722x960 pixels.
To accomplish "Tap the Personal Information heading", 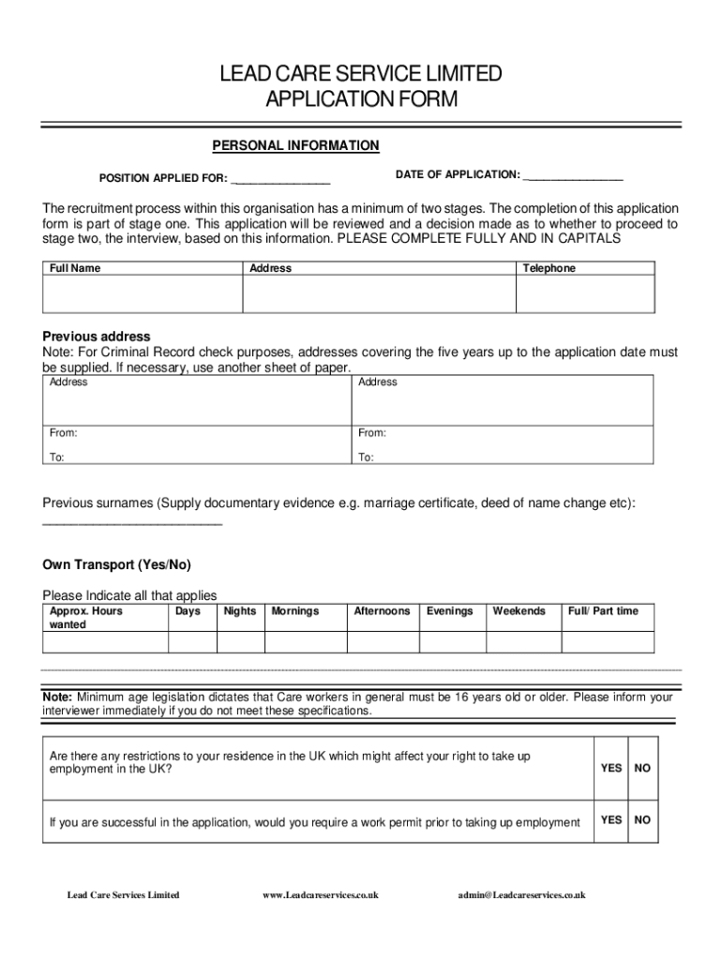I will coord(295,145).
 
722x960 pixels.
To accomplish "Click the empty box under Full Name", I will coord(143,293).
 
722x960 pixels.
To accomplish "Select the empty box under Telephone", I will coord(585,293).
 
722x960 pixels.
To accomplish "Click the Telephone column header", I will coord(549,268).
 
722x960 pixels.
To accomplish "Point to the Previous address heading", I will coord(97,337).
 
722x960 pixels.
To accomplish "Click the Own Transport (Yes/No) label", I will coord(116,565).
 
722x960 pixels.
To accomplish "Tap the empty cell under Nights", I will coord(240,642).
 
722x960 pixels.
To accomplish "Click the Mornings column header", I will coord(295,611).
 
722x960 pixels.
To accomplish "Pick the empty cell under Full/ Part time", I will coord(607,642).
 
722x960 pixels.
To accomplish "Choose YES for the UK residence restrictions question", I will coord(611,768).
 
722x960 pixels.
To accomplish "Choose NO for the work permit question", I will coord(642,819).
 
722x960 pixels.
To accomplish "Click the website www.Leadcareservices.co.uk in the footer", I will coord(321,895).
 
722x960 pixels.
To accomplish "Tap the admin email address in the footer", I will coord(521,895).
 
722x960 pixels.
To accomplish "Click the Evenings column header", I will coord(450,611).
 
